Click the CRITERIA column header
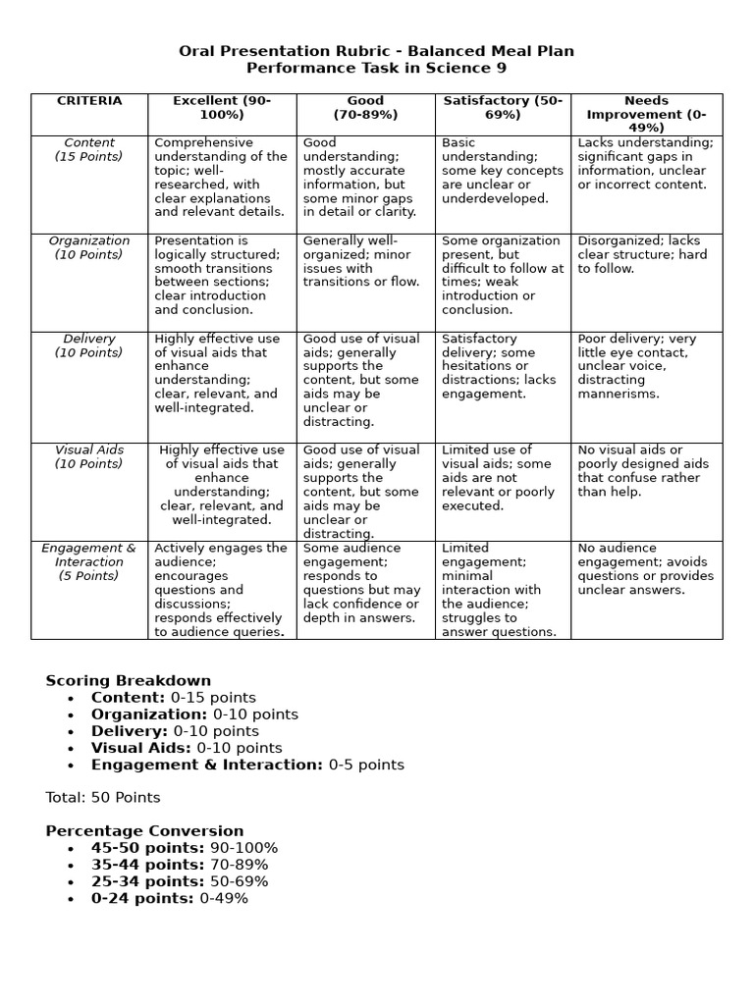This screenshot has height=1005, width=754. (x=89, y=101)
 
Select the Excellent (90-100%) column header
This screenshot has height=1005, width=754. (x=222, y=108)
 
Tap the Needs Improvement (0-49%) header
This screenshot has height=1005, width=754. (x=646, y=114)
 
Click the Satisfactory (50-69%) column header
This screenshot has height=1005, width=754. (x=503, y=108)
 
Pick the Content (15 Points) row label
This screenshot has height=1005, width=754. (x=88, y=149)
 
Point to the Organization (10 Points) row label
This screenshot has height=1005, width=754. (x=88, y=247)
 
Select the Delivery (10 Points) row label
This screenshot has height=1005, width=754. (x=88, y=345)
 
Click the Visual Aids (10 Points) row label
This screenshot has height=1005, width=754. (x=88, y=456)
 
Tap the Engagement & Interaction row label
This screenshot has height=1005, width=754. (x=88, y=561)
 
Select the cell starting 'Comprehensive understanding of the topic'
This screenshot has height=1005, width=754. (x=221, y=177)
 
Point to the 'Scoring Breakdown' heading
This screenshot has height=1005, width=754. (x=129, y=680)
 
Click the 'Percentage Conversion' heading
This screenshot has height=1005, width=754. (x=144, y=830)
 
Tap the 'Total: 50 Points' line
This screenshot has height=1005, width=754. (x=103, y=797)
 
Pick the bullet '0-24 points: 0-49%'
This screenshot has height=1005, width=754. (x=170, y=898)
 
